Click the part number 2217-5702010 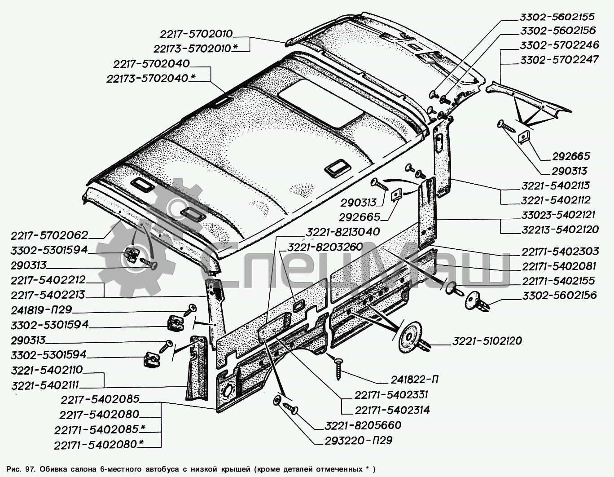pos(196,34)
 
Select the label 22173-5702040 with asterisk pos(151,78)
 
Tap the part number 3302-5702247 pos(559,60)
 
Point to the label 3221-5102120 pos(487,341)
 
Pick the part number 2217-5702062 pos(49,235)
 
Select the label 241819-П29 pos(41,310)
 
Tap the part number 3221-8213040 pos(342,232)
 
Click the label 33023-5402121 pos(558,215)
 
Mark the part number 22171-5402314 pos(392,410)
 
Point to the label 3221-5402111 pos(45,385)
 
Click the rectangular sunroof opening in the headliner pos(321,103)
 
